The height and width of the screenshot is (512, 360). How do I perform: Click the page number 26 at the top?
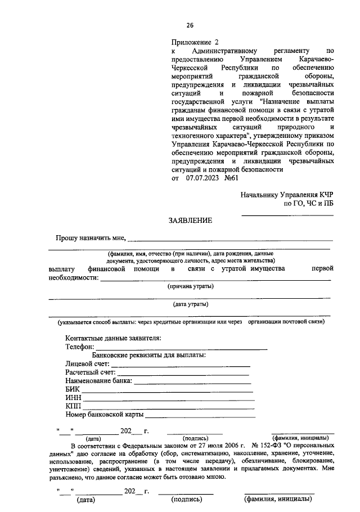coord(190,25)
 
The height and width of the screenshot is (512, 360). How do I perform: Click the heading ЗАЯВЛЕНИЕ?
coord(190,221)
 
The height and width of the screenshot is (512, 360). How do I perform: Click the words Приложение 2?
coord(194,42)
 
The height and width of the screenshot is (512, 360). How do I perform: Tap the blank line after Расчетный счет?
coord(183,374)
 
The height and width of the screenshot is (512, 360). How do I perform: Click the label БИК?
coord(73,389)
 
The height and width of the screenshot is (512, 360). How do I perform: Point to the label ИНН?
coord(73,398)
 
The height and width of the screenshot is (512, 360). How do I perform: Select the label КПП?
coord(73,406)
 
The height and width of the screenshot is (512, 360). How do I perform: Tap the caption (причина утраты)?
coord(191,286)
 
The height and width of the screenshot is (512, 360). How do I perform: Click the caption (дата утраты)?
coord(191,304)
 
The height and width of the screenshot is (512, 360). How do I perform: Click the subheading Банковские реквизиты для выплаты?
coord(149,355)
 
